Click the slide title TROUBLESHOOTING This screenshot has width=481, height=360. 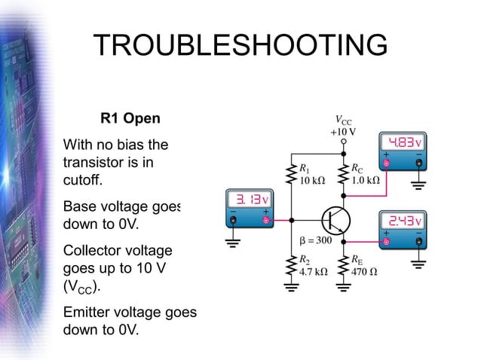240,46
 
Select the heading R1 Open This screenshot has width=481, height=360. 130,119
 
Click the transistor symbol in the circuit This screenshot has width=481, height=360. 335,220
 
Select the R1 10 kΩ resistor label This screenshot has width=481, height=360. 311,175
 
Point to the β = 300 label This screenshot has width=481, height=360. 314,241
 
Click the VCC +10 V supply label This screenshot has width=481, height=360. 343,126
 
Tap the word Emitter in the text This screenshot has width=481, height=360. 90,311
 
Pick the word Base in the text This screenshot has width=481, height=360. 80,206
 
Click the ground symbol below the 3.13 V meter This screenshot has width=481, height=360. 234,243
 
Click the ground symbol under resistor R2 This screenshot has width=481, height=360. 290,286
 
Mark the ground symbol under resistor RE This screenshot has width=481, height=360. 344,286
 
